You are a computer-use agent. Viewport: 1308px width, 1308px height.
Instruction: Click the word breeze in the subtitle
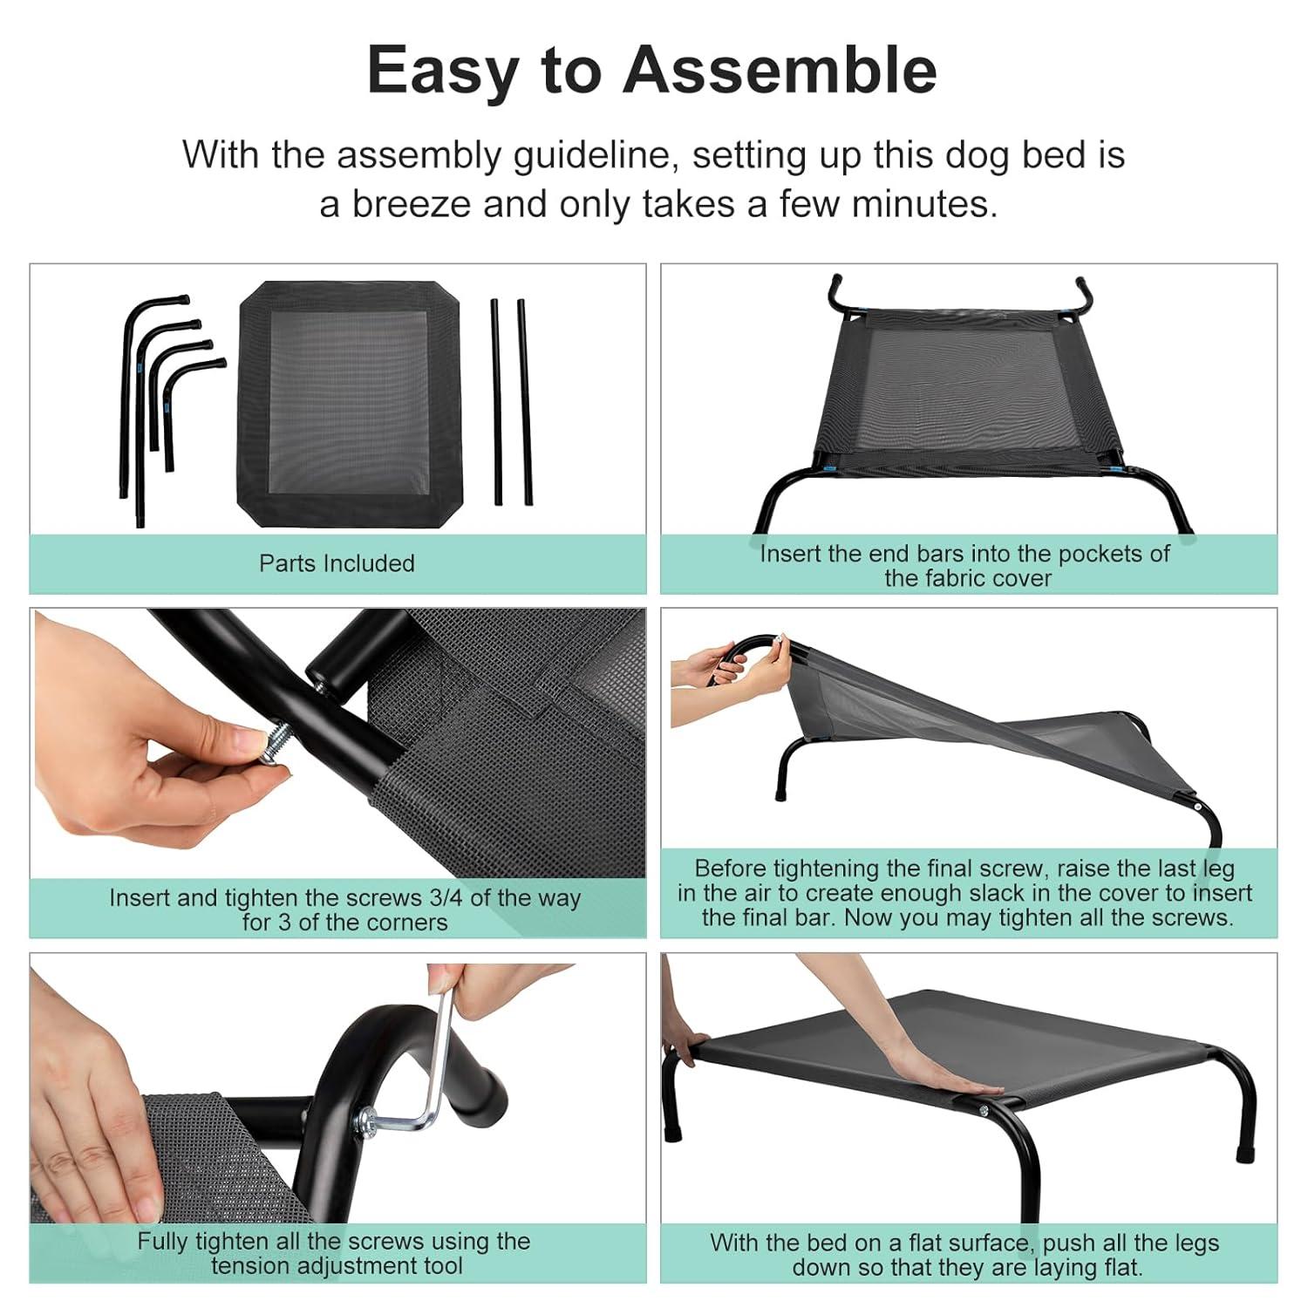click(x=408, y=204)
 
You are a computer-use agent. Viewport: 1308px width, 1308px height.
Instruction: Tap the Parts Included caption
click(x=337, y=563)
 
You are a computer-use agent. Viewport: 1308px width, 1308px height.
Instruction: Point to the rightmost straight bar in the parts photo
click(x=524, y=402)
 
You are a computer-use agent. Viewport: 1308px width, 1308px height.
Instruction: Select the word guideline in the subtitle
click(x=597, y=156)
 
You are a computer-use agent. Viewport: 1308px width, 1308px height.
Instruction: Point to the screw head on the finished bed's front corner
click(x=984, y=1110)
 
